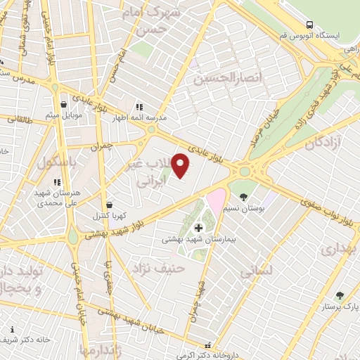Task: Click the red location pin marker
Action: (181, 165)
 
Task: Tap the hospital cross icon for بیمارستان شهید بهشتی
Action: (199, 228)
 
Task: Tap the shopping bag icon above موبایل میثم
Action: (63, 104)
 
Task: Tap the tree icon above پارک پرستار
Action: (340, 295)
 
